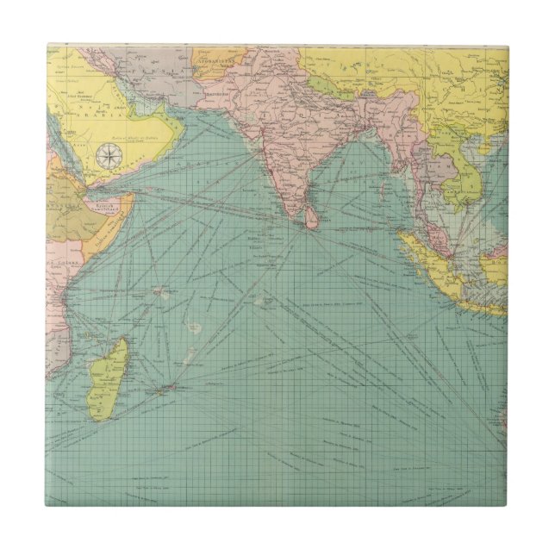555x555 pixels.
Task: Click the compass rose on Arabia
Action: click(x=109, y=155)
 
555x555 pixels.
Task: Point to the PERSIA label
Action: click(x=159, y=65)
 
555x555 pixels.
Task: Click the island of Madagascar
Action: click(x=110, y=377)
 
